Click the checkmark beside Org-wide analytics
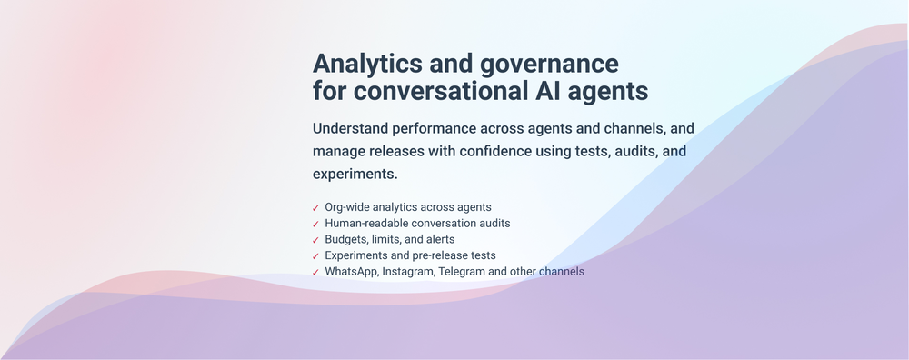coord(315,208)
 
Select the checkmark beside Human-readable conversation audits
coord(315,224)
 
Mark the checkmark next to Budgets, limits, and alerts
coord(315,240)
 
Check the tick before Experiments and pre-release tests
coord(315,256)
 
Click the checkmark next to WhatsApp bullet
coord(315,272)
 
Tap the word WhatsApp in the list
coord(351,271)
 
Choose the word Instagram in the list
coord(408,271)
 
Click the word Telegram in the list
coord(460,271)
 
